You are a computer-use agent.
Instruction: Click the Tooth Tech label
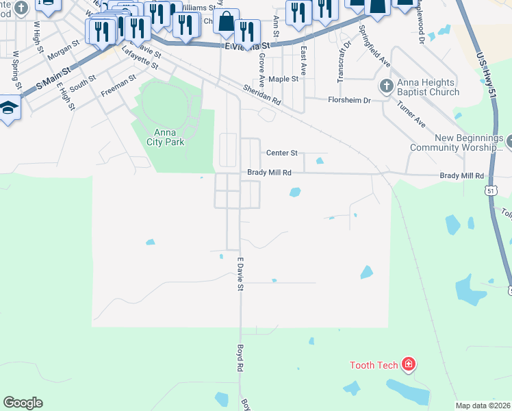point(373,365)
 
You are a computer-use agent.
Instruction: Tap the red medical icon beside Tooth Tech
point(409,364)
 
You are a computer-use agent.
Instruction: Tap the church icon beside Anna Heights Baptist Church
point(385,87)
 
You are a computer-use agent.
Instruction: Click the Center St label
point(282,153)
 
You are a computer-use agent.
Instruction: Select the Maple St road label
point(283,79)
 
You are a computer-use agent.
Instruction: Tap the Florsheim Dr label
point(348,100)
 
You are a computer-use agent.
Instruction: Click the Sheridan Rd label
point(263,95)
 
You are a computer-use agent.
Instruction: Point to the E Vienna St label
point(247,47)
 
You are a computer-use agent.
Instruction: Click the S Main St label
point(53,77)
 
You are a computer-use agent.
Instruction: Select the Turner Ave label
point(411,114)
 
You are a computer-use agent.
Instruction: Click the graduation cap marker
point(9,108)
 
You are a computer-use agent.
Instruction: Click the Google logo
point(23,403)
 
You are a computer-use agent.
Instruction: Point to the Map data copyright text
point(483,406)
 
